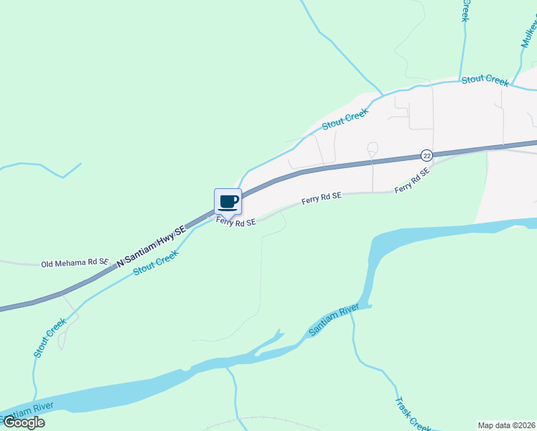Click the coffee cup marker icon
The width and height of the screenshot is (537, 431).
228,202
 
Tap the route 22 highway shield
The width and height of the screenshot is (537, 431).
426,156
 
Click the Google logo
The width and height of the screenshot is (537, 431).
24,422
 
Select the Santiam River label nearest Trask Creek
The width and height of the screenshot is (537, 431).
334,320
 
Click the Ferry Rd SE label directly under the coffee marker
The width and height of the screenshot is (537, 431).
236,223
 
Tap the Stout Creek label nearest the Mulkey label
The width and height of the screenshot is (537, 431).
485,80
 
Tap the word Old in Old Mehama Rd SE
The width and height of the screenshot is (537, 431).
48,264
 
